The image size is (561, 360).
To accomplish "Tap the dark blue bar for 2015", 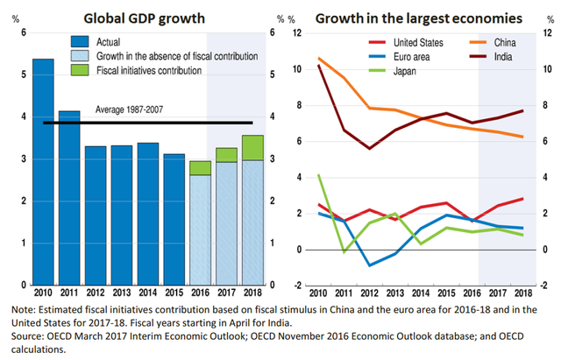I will pos(174,218).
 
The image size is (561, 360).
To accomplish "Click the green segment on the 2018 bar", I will pos(252,147).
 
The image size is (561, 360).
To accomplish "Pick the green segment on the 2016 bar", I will pos(200,167).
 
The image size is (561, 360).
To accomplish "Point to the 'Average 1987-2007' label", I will pos(131,110).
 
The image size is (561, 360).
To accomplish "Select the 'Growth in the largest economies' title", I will pos(419,18).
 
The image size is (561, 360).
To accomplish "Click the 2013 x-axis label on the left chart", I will pos(122,293).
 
